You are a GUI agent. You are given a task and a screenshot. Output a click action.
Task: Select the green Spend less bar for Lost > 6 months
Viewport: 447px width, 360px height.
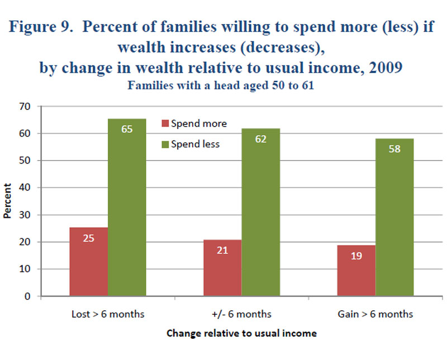point(127,207)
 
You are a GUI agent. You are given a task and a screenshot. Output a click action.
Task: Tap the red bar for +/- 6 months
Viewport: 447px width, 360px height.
point(222,268)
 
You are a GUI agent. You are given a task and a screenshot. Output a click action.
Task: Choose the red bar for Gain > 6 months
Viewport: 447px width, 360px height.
point(356,271)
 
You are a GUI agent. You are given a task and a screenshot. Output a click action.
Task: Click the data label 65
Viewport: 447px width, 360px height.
point(127,129)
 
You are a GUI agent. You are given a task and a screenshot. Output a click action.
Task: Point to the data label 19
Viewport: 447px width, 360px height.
point(356,256)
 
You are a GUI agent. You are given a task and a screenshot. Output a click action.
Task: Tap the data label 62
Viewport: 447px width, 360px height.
point(260,139)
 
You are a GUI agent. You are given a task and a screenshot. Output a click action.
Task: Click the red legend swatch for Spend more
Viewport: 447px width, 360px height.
point(165,123)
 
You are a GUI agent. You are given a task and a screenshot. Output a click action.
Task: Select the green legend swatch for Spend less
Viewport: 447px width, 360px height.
point(165,144)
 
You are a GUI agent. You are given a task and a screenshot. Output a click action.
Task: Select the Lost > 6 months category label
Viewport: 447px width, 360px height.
point(108,314)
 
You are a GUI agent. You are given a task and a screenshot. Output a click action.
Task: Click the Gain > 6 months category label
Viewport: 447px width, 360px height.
point(375,314)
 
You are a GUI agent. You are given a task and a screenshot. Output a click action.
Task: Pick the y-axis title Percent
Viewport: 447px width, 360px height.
point(8,201)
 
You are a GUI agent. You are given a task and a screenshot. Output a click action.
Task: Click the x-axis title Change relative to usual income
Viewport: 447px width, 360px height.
point(242,333)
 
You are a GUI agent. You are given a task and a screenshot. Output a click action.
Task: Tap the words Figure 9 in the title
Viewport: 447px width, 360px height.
point(41,28)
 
